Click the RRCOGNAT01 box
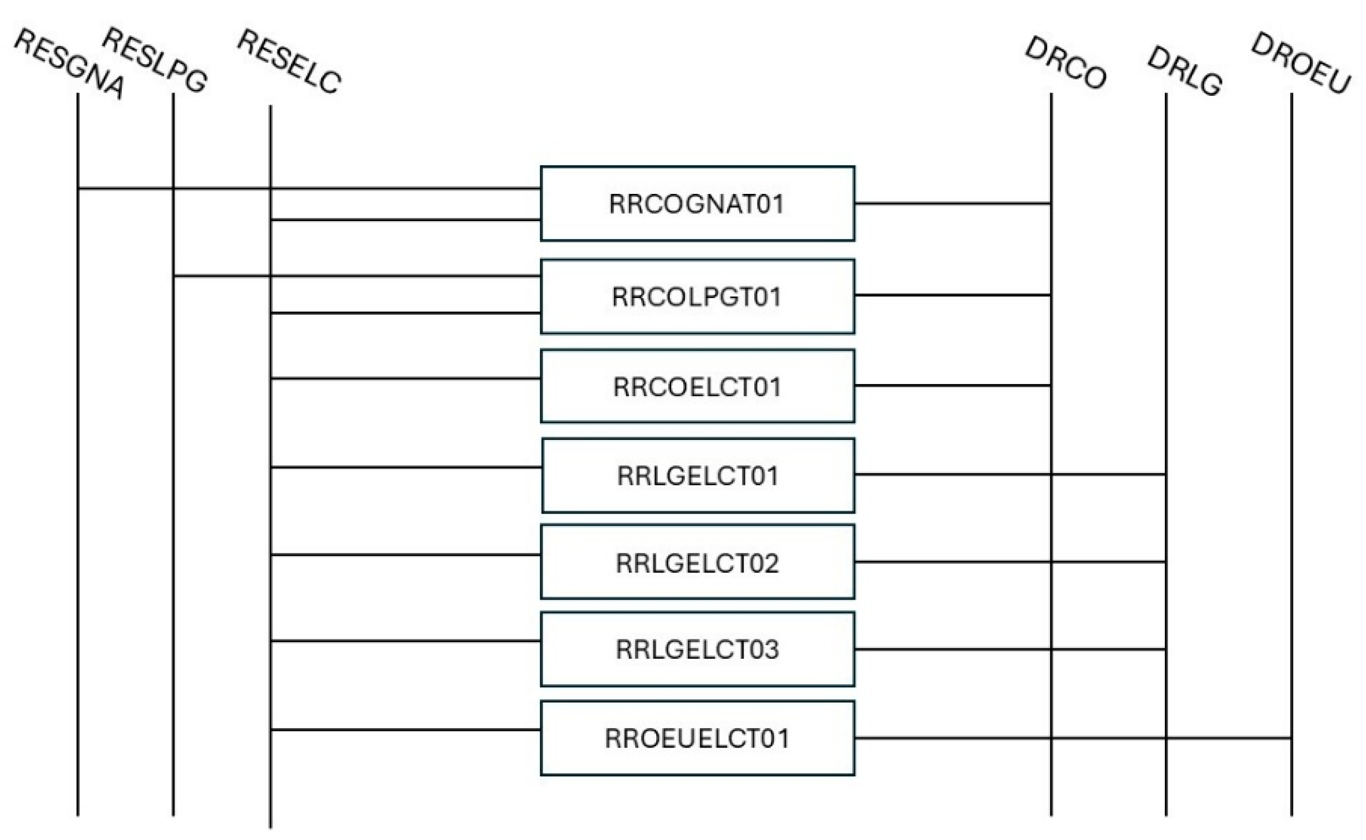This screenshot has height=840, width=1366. (697, 203)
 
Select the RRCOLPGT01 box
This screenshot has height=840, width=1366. (697, 296)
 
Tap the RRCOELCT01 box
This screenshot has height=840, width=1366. (697, 386)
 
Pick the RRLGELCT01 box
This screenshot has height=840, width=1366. (698, 475)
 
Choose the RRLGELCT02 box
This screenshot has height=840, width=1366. (697, 562)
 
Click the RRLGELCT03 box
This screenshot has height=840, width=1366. (697, 649)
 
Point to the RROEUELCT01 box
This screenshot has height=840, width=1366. (697, 739)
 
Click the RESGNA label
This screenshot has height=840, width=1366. (69, 63)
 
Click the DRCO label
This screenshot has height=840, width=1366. (1066, 62)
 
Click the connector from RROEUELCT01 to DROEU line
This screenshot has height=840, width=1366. (1072, 739)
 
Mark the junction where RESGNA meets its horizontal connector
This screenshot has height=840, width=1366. (78, 189)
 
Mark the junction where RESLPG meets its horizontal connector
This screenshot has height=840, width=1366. (173, 275)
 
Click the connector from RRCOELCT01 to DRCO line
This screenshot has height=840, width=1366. (953, 385)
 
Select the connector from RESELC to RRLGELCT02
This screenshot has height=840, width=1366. (406, 555)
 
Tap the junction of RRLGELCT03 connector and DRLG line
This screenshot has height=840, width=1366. (1165, 649)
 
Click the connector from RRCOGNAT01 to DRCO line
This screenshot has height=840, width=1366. (953, 203)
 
